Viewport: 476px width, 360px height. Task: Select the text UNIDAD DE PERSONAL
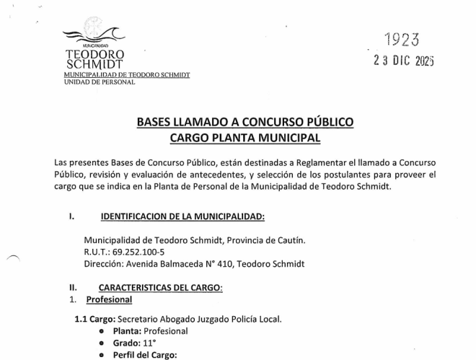[x=100, y=82]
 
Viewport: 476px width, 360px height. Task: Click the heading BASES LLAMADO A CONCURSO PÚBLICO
[x=244, y=123]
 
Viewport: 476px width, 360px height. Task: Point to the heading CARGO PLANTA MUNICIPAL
[x=244, y=138]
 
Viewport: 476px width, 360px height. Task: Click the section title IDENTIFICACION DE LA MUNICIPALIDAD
[x=182, y=216]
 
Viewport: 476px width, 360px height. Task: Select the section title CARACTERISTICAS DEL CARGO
[x=161, y=287]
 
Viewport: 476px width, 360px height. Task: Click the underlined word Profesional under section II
[x=109, y=299]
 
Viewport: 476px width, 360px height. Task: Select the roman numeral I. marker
[x=71, y=216]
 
